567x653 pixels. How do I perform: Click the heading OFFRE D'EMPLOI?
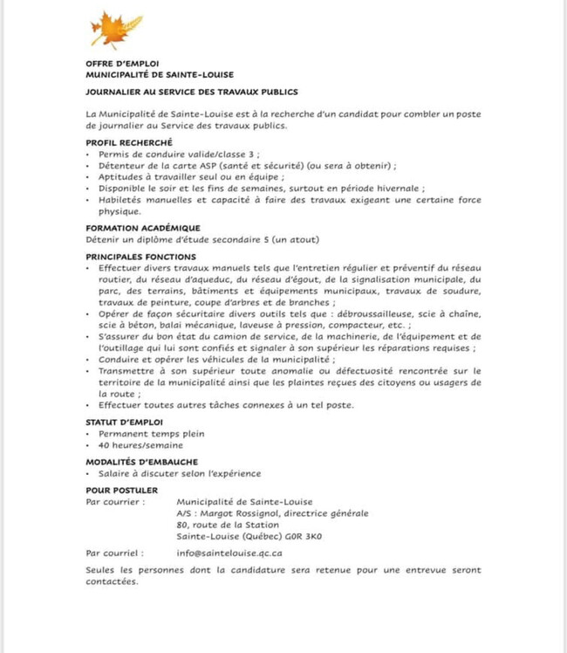pyautogui.click(x=122, y=64)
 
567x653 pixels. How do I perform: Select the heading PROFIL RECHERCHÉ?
pyautogui.click(x=129, y=142)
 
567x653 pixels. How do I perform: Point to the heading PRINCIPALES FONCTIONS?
pyautogui.click(x=140, y=257)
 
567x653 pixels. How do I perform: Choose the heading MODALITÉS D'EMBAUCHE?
pyautogui.click(x=142, y=462)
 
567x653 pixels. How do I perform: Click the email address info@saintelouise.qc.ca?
pyautogui.click(x=229, y=553)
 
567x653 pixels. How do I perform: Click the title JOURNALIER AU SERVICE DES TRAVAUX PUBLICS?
pyautogui.click(x=192, y=91)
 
